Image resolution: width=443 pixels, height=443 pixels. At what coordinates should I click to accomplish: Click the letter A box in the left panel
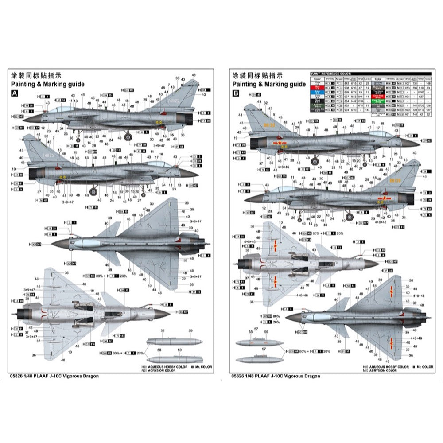[15, 93]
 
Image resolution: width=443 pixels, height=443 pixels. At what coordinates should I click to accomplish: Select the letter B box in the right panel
[236, 93]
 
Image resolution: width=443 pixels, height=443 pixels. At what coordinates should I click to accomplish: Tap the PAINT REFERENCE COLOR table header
[330, 74]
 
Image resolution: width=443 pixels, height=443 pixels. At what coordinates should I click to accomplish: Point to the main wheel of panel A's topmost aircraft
[128, 137]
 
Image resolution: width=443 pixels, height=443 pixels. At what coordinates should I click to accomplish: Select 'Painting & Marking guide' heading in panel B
[269, 84]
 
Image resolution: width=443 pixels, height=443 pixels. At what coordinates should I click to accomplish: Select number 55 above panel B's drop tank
[251, 332]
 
